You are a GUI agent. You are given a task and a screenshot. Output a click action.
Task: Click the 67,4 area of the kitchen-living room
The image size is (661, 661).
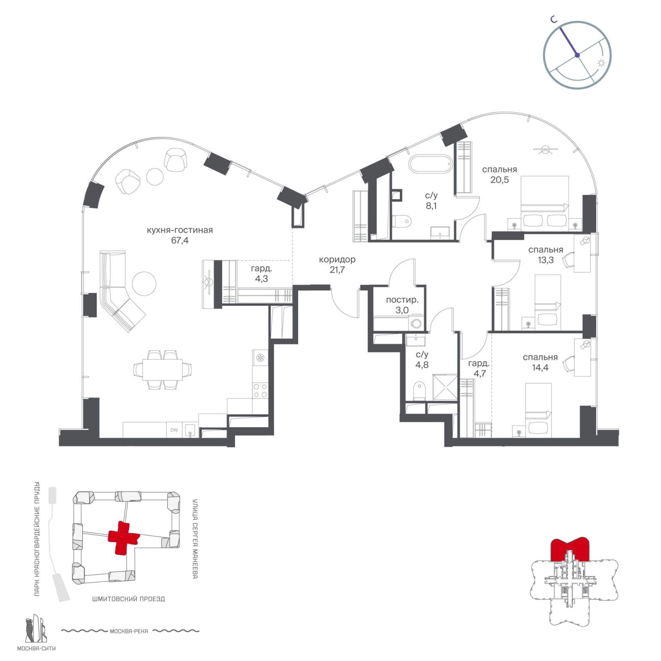(x=179, y=241)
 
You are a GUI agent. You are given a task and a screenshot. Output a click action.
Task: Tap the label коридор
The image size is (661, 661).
(x=337, y=259)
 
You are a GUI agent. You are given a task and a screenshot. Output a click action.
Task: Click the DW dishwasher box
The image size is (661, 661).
(x=174, y=430)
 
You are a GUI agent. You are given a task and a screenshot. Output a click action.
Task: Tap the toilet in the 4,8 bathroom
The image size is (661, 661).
(x=418, y=391)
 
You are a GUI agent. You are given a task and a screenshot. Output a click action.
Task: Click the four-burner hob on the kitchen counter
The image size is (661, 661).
(x=260, y=390)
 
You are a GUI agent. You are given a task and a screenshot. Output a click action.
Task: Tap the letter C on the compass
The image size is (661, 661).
(x=555, y=19)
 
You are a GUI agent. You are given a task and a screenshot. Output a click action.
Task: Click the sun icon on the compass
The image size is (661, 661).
(x=601, y=63)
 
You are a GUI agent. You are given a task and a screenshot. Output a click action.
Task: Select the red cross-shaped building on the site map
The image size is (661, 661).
(x=124, y=537)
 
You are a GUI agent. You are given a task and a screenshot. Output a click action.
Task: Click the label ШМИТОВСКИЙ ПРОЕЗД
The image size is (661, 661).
(x=128, y=599)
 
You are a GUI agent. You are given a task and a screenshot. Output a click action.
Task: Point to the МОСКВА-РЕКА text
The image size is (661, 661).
(x=129, y=631)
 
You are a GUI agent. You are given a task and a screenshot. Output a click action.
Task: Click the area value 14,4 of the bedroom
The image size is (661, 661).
(x=540, y=368)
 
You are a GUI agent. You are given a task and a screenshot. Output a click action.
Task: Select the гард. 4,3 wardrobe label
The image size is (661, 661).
(x=261, y=274)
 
